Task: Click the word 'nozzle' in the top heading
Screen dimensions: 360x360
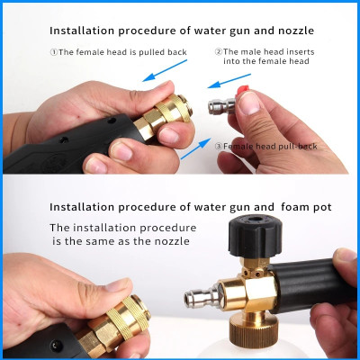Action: point(296,31)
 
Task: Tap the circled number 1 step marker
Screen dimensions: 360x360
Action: point(54,52)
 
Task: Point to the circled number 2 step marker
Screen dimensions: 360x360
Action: point(219,51)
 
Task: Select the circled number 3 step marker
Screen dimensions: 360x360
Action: point(220,147)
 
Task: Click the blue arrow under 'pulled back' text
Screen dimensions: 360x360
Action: point(165,70)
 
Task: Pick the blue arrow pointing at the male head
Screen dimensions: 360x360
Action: point(229,81)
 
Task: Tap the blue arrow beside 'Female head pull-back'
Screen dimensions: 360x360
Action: point(195,148)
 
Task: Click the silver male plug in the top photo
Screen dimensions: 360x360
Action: point(222,106)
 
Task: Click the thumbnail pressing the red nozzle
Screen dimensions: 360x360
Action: point(249,103)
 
